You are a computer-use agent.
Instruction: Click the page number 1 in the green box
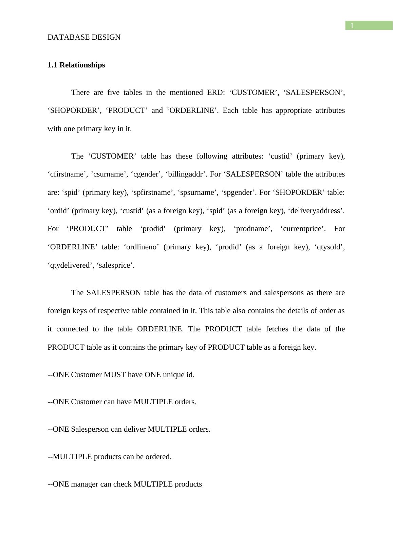(x=352, y=26)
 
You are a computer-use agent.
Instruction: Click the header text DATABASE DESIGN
(x=84, y=37)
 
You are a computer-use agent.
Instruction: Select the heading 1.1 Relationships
(x=76, y=65)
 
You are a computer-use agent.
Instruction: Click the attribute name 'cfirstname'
(x=66, y=174)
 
